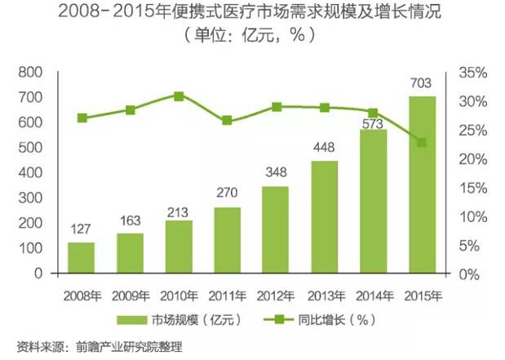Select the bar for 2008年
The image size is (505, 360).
point(82,257)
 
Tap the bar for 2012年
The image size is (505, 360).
point(275,229)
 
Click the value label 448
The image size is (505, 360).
point(324,147)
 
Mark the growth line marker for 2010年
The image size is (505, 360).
point(179,96)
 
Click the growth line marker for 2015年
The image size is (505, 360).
point(421,143)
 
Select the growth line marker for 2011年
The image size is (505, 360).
point(227,121)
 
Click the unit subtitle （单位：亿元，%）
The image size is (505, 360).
point(252,38)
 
